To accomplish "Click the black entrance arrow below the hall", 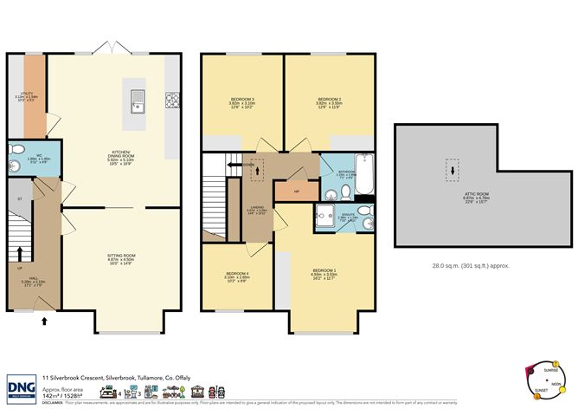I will pyautogui.click(x=44, y=321).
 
